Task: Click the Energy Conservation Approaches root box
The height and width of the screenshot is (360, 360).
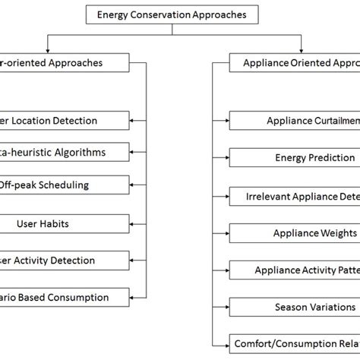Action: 177,14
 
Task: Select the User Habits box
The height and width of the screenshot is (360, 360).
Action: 64,223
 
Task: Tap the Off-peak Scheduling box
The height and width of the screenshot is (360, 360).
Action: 64,185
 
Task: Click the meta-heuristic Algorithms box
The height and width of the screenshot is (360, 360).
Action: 64,152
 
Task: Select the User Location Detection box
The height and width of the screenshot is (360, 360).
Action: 64,120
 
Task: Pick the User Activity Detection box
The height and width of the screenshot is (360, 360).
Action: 64,260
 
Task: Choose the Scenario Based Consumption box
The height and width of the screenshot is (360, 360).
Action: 64,298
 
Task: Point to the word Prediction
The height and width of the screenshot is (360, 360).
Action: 330,158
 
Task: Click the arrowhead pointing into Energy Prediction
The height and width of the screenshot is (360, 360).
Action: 226,158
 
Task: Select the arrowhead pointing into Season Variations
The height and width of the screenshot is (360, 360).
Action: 226,308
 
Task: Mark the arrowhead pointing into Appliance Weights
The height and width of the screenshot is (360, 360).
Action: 226,233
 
